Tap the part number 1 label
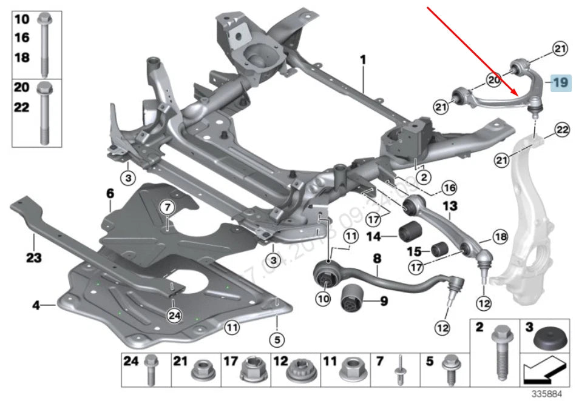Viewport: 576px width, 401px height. point(363,61)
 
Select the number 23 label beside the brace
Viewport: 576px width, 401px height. point(33,259)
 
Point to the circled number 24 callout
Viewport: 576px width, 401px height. point(175,316)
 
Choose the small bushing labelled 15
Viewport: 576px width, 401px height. point(439,249)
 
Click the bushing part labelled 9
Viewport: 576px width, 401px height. point(353,299)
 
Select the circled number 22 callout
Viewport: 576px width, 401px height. point(562,128)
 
